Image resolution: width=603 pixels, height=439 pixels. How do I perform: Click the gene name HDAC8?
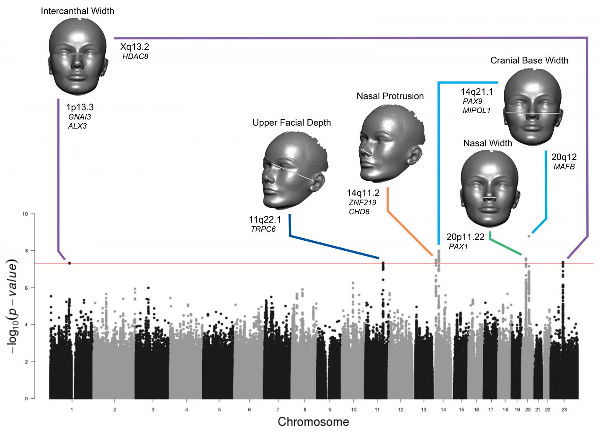135,56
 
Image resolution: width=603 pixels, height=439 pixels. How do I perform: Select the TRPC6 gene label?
263,229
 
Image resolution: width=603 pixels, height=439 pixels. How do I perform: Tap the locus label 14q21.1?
477,92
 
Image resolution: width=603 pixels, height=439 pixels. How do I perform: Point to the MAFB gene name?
564,167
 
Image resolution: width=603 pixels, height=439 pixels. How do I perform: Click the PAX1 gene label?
458,247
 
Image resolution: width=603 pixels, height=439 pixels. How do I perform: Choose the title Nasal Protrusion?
390,96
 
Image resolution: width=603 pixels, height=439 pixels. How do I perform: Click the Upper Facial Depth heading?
291,122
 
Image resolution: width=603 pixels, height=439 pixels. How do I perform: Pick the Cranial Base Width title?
529,60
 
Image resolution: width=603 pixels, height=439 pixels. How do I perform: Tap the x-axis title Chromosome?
313,422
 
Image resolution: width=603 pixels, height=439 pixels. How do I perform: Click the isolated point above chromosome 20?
529,236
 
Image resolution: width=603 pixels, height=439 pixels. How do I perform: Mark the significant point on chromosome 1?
70,263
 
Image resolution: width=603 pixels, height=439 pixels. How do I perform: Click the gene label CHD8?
359,212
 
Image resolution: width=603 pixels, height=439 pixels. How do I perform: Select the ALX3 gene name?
77,126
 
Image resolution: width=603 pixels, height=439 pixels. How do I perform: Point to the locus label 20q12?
564,157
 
